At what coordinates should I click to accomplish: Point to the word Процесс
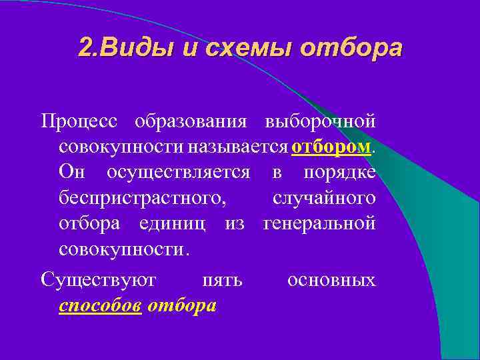tap(79, 122)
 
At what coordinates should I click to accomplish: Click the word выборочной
tap(320, 122)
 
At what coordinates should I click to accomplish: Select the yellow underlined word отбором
tap(331, 147)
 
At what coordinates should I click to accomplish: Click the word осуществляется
tap(178, 172)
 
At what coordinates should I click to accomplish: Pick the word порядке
tap(339, 172)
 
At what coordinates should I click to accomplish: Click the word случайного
tap(323, 197)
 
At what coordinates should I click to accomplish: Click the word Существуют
tap(98, 280)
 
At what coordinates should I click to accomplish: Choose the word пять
tap(221, 280)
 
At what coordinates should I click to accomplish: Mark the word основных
tap(331, 280)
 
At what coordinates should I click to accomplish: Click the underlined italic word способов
tap(100, 305)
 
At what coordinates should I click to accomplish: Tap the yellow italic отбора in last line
tap(183, 305)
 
